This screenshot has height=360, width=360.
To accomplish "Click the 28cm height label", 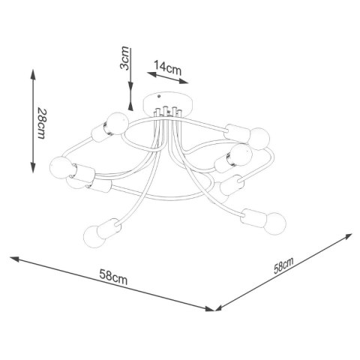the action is pyautogui.click(x=41, y=123).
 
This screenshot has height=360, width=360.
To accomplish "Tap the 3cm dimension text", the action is pyautogui.click(x=124, y=58).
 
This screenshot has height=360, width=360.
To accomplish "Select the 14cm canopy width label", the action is pyautogui.click(x=167, y=67).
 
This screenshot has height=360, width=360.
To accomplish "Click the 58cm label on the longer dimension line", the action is pyautogui.click(x=113, y=277).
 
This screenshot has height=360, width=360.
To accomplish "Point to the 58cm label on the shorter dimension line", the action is pyautogui.click(x=283, y=265).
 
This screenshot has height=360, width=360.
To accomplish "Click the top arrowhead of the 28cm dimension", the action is pyautogui.click(x=33, y=74).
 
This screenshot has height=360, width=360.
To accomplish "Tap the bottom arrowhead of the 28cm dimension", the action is pyautogui.click(x=33, y=167).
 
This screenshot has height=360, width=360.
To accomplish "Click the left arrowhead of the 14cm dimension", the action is pyautogui.click(x=152, y=74).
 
